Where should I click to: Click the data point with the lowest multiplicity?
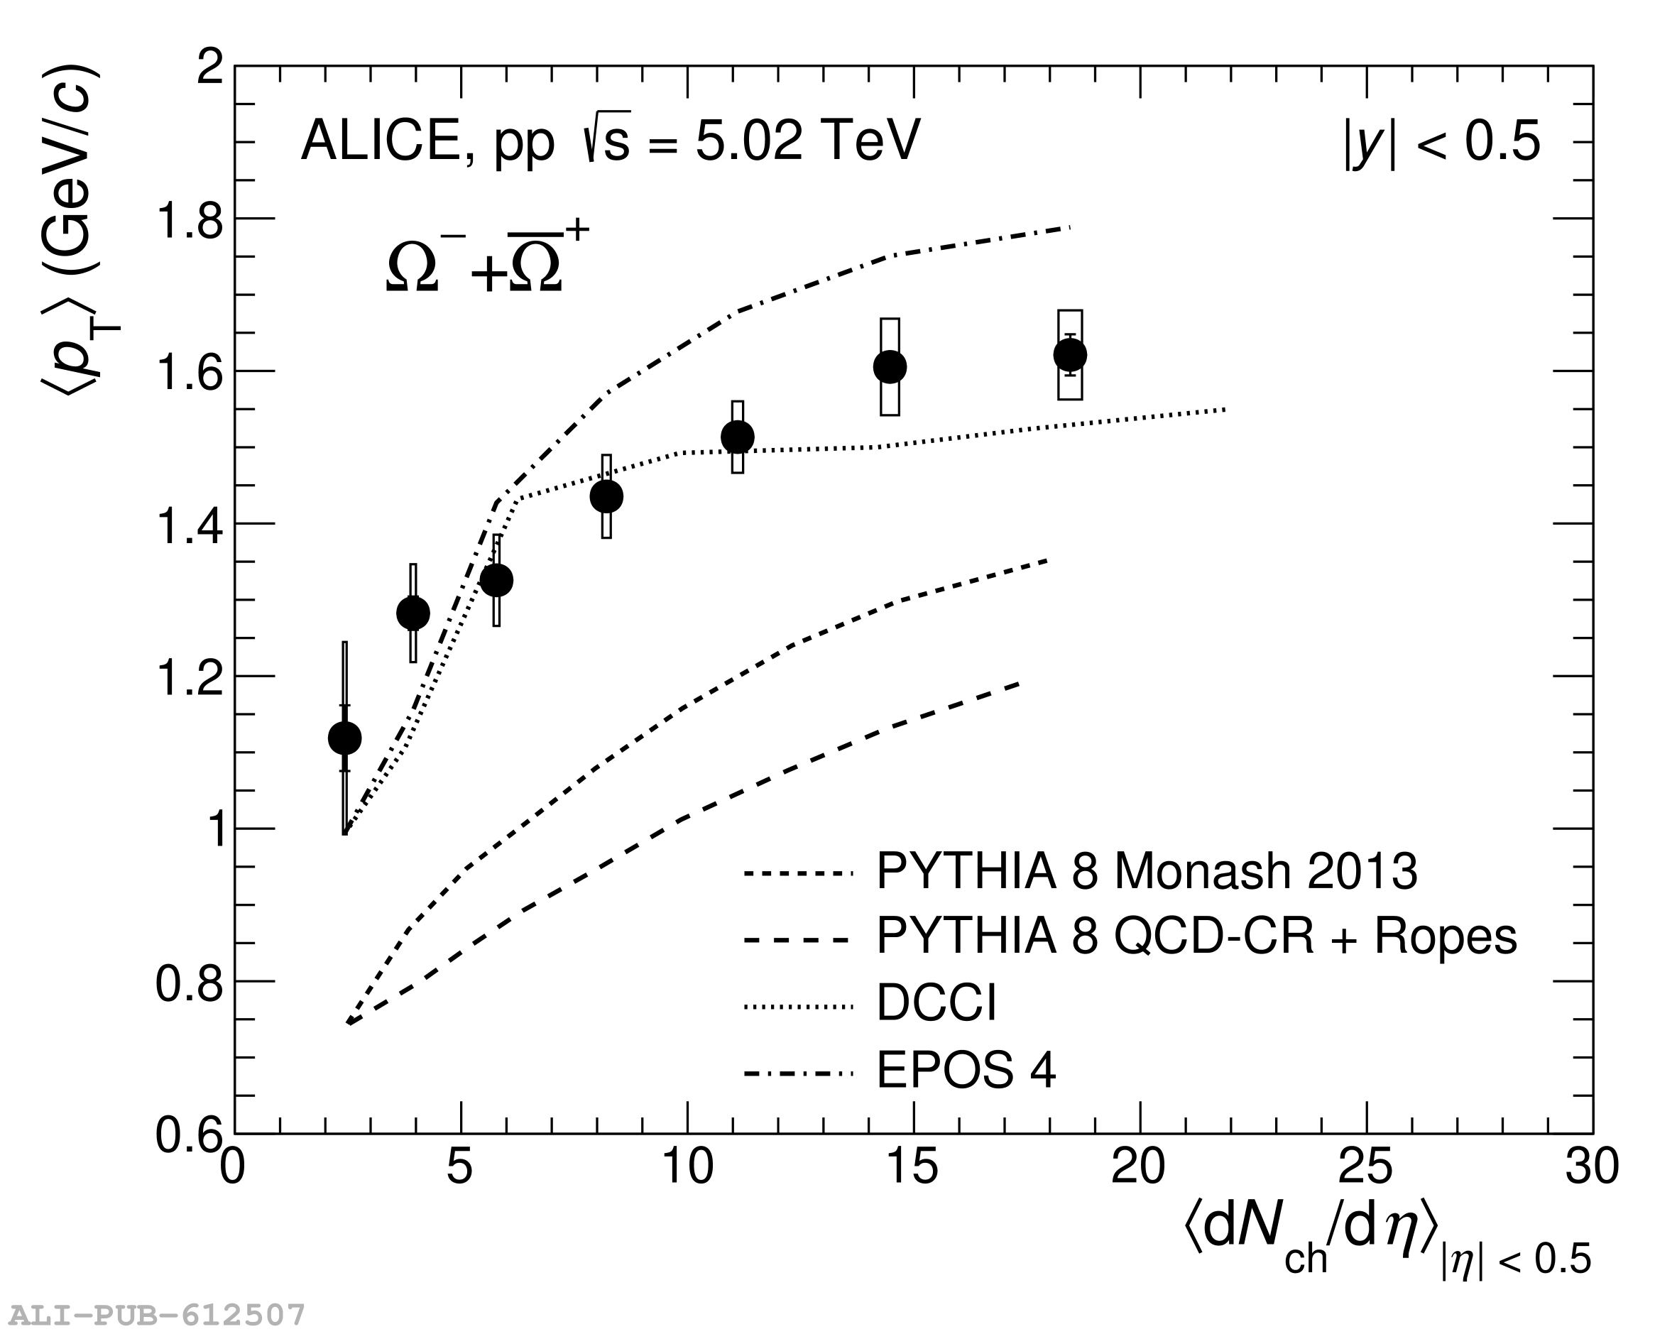(x=344, y=738)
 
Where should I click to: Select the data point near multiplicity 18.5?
(x=1070, y=355)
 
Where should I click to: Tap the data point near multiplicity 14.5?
(x=890, y=366)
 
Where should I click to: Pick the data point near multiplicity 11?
(x=738, y=437)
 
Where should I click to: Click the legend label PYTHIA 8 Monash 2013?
(x=1147, y=871)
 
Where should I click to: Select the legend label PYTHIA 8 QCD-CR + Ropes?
(x=1196, y=936)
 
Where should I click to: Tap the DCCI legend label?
(x=936, y=1002)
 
